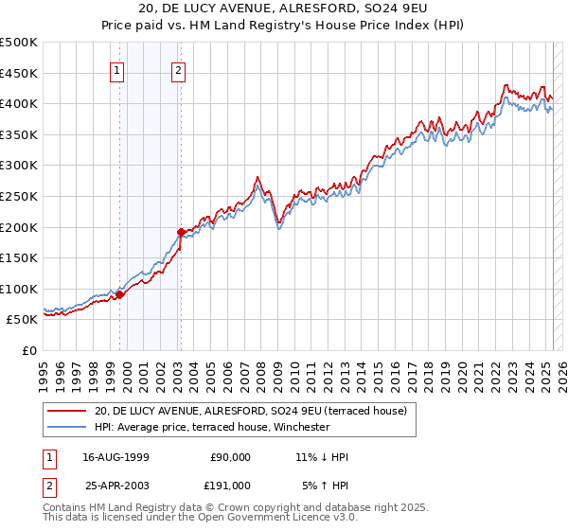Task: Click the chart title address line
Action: click(283, 9)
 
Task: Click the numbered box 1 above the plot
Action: click(116, 69)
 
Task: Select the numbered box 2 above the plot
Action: click(178, 69)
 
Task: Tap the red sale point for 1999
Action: click(120, 294)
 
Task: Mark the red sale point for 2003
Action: click(181, 231)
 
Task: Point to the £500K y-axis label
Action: click(18, 43)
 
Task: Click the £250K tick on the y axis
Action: click(18, 196)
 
